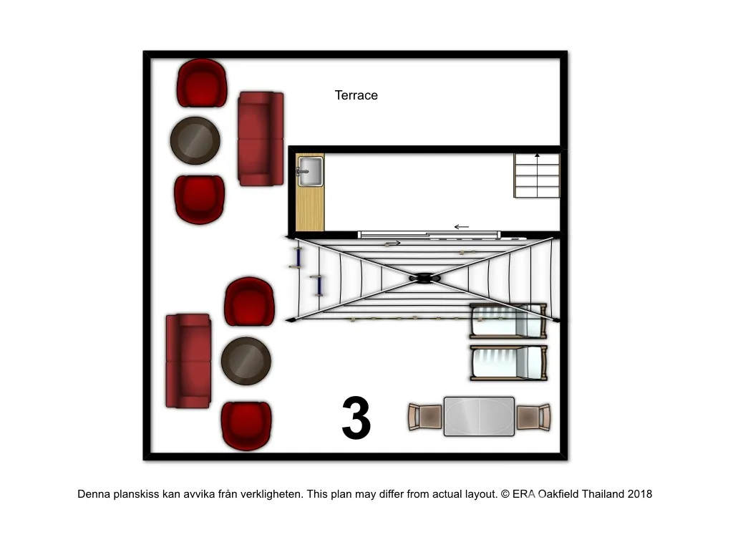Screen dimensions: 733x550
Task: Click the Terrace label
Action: pos(356,95)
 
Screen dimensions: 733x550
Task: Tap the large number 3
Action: pos(356,418)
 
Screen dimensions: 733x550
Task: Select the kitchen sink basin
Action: pos(310,172)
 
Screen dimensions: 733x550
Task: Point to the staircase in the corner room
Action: pos(537,175)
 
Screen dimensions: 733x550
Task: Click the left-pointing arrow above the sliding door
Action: pos(462,227)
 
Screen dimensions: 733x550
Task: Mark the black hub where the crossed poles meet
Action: pos(424,279)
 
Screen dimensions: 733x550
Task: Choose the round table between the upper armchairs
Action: pos(195,140)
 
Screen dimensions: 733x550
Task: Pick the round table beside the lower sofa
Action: pos(246,361)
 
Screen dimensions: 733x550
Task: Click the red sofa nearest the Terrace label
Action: pos(261,138)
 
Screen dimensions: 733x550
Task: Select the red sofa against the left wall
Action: pos(188,361)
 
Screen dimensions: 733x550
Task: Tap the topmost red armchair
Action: pos(201,83)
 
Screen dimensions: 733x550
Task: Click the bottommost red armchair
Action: pos(246,425)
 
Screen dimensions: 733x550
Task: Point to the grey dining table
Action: pos(479,416)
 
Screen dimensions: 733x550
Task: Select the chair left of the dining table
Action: pos(425,417)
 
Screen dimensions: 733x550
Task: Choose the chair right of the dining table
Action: pos(533,417)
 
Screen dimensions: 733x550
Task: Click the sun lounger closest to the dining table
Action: pos(509,363)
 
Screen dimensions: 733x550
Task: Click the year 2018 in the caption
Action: pos(639,494)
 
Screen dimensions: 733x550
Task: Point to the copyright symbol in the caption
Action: pos(505,494)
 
